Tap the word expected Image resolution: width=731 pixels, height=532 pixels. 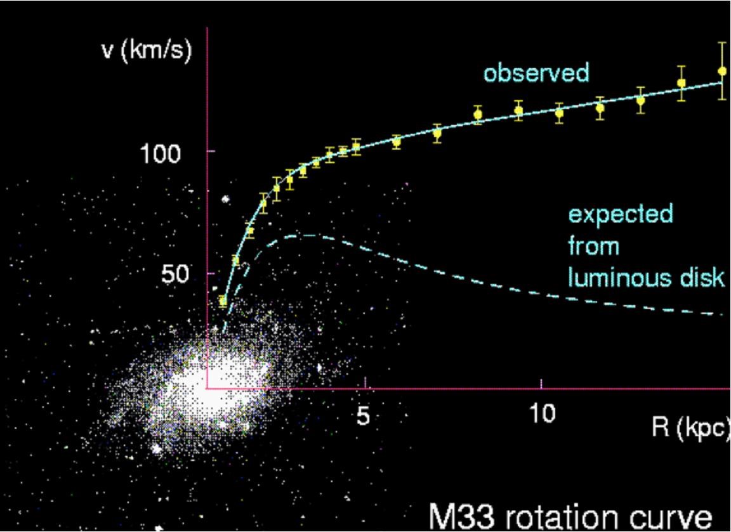click(x=620, y=215)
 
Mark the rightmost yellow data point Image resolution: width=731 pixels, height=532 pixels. click(x=721, y=71)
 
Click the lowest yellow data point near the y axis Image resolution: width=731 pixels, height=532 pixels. click(x=223, y=301)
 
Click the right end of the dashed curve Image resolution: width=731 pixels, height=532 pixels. click(x=722, y=314)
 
